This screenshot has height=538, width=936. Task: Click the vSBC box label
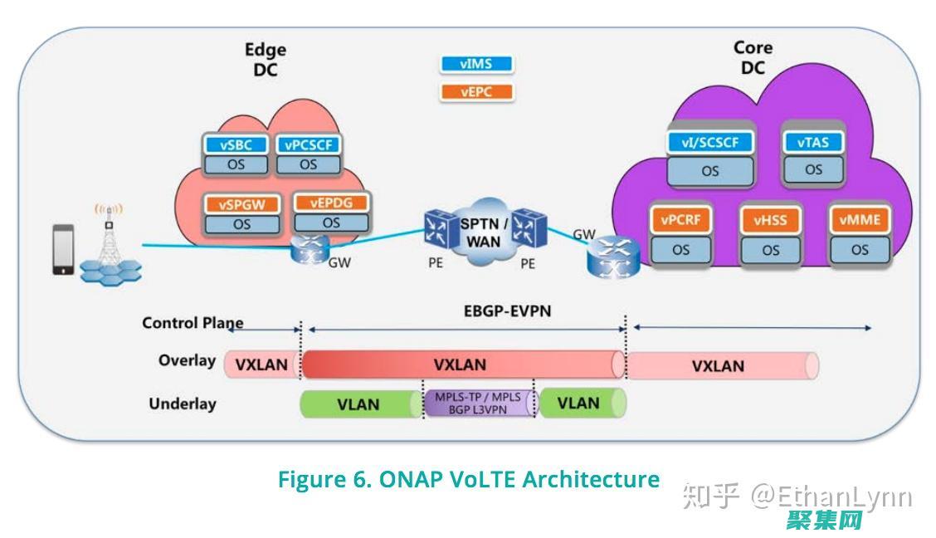[236, 144]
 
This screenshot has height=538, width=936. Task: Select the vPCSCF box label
[308, 144]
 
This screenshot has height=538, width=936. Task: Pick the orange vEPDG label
[331, 202]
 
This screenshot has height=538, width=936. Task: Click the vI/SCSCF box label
[710, 142]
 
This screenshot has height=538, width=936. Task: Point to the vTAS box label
[813, 142]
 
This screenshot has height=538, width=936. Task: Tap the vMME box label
[860, 220]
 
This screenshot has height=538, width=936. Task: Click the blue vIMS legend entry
[476, 64]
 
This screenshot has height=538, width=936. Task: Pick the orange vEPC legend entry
[476, 92]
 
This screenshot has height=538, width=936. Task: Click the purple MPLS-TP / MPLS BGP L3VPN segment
[478, 403]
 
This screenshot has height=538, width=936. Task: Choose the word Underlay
[183, 404]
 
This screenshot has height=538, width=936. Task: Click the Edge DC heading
[266, 60]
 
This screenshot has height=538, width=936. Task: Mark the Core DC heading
[753, 58]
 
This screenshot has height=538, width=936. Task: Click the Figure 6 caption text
[469, 480]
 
